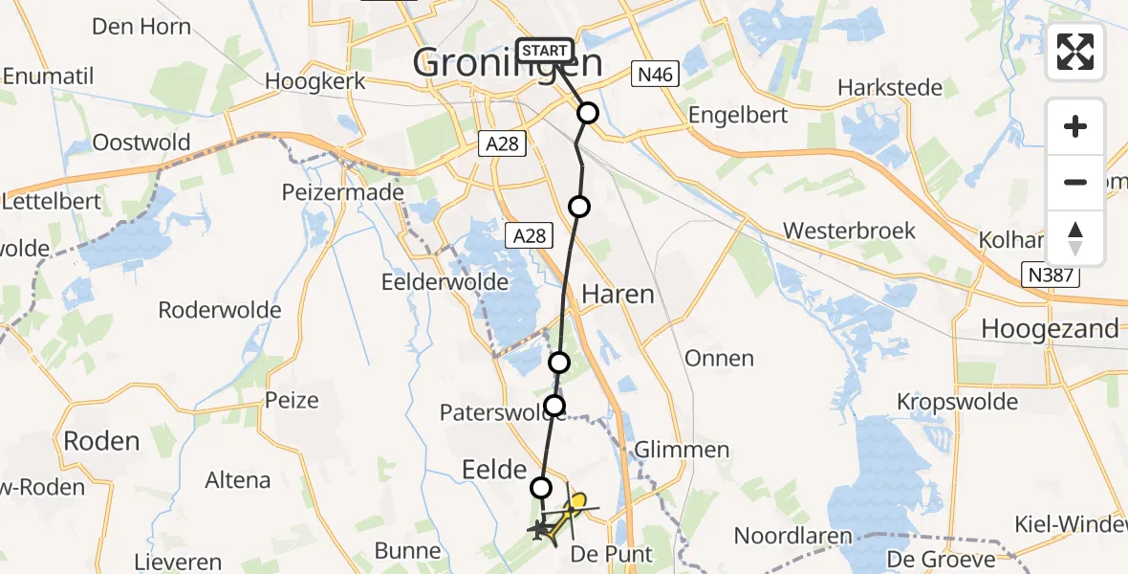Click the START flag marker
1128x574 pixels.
tap(545, 51)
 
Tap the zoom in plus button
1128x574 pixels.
tap(1075, 127)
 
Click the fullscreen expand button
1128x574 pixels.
tap(1075, 52)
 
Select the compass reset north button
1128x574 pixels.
tap(1075, 238)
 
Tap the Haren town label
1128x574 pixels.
tap(618, 294)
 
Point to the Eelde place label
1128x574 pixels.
tap(493, 470)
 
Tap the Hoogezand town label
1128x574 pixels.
tap(1050, 329)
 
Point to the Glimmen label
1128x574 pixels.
tap(683, 450)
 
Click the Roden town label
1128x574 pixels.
tap(100, 441)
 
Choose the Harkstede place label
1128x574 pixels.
tap(889, 88)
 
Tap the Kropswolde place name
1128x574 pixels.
tap(957, 402)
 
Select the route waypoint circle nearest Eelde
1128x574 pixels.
tap(541, 488)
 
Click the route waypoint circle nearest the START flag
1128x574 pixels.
tap(587, 113)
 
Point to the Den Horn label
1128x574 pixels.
tap(141, 26)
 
